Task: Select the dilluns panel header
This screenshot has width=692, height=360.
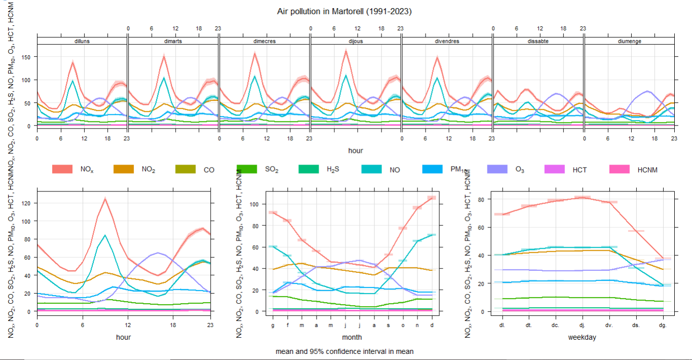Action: click(x=82, y=41)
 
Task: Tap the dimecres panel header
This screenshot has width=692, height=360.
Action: click(x=264, y=41)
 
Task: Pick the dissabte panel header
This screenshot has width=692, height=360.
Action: click(x=538, y=41)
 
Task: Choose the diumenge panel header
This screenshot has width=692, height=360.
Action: click(x=629, y=41)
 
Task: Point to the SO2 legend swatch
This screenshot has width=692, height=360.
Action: click(x=248, y=170)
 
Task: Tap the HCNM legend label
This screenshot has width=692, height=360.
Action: click(x=647, y=170)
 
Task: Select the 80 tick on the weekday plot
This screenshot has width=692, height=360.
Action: click(x=482, y=199)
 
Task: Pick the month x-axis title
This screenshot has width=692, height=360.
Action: click(x=352, y=337)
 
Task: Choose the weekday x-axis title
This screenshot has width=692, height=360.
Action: click(x=583, y=337)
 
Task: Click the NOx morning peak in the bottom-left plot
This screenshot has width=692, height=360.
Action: click(x=105, y=198)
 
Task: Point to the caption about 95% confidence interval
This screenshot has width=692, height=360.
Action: click(x=344, y=351)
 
